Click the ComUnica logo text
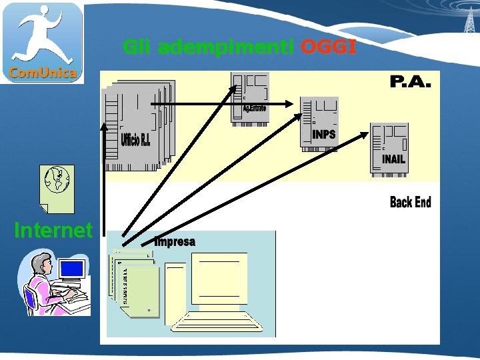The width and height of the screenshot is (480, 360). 43,73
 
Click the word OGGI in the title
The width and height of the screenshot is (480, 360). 329,47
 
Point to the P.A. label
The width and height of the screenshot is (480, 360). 410,83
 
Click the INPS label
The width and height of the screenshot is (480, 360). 324,135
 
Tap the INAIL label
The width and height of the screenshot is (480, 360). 393,159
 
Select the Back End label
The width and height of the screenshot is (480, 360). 410,202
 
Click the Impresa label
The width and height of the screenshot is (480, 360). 175,242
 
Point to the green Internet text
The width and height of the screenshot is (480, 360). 53,231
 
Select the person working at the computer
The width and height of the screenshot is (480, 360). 47,283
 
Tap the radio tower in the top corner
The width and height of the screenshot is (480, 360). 469,17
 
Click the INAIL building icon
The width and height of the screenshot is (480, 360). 389,148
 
